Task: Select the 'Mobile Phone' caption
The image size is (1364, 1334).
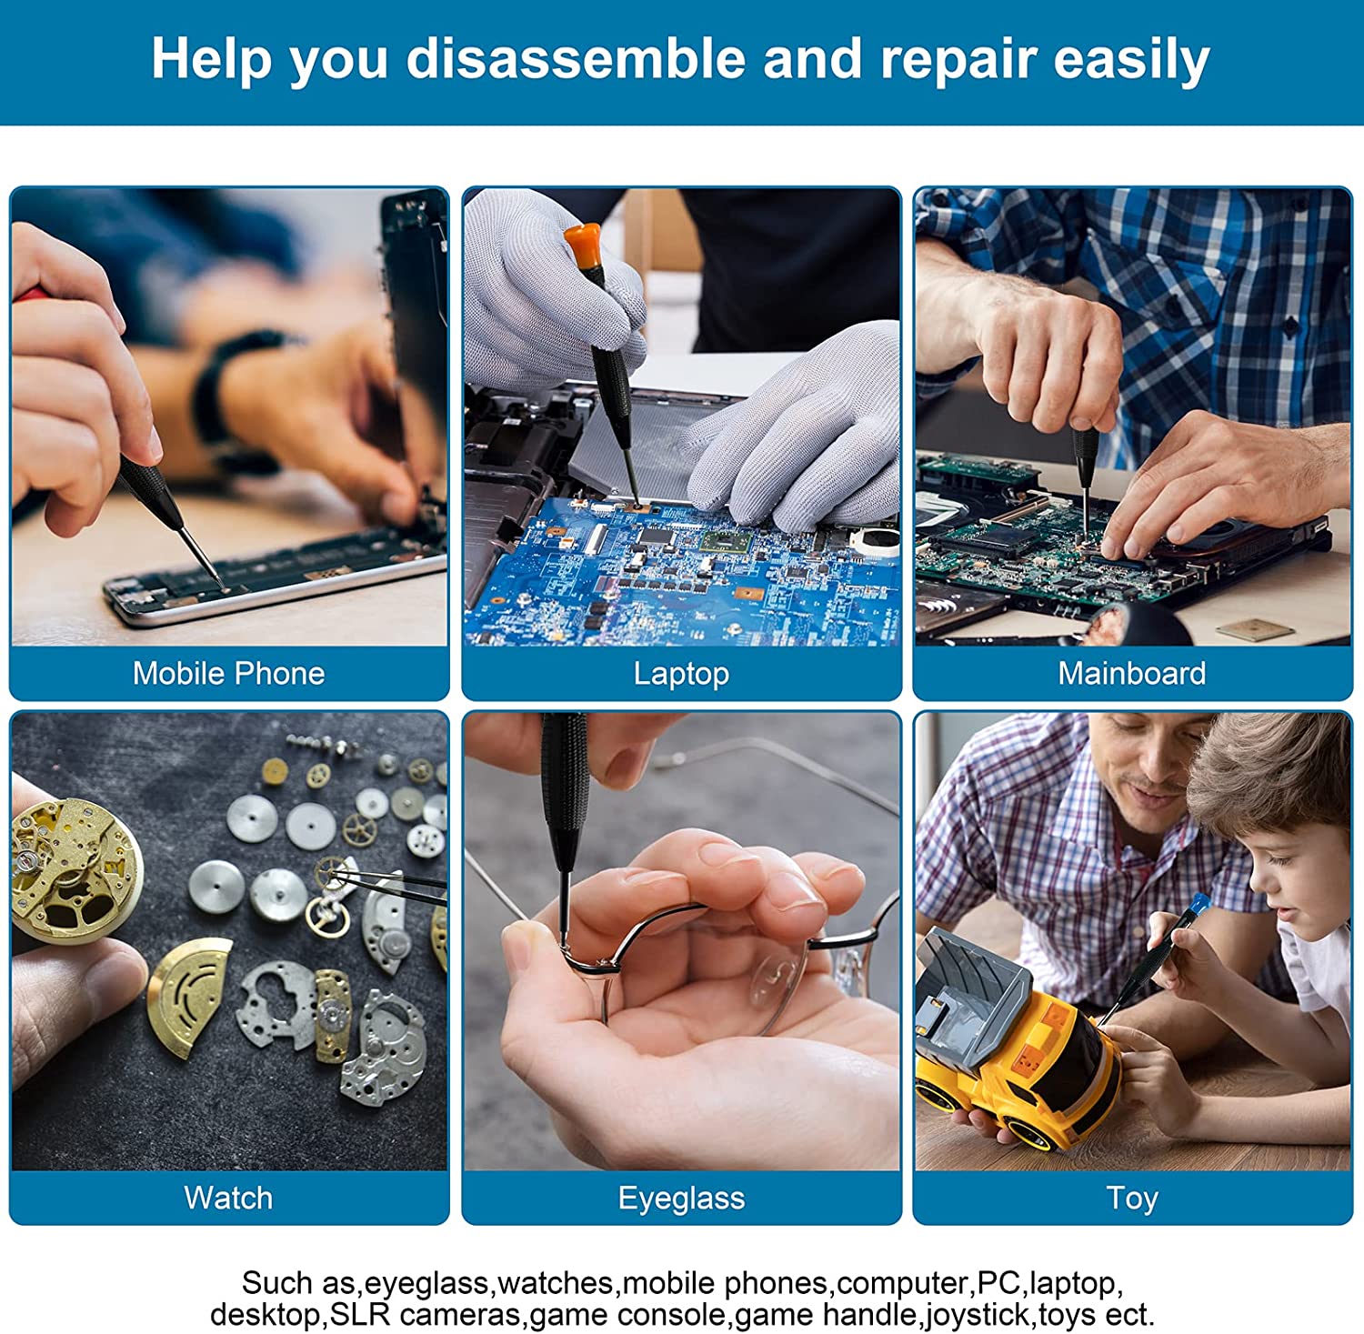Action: point(228,673)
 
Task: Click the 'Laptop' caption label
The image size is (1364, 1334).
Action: point(681,674)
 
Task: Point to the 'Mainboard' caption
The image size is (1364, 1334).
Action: point(1132,673)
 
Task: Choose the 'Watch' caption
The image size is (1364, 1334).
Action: point(228,1198)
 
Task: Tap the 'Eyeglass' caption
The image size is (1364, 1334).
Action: point(681,1199)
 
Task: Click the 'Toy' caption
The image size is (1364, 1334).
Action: point(1132,1199)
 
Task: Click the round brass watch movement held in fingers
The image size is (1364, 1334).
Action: point(73,868)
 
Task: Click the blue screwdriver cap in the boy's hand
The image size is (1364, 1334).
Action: point(1199,903)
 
